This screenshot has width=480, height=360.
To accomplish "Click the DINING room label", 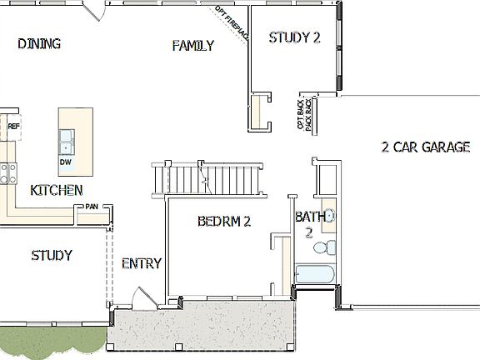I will tap(39, 44).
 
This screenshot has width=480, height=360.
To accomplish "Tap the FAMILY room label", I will tap(193, 45).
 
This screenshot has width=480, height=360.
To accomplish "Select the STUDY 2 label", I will tap(294, 37).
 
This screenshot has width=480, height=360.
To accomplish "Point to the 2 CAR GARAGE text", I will tap(425, 147).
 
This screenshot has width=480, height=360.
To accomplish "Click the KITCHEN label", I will tap(56, 191).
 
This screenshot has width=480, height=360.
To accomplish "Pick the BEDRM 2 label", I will tap(224, 222).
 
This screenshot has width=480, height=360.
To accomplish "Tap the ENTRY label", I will tap(141, 264).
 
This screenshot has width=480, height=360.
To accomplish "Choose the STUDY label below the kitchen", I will tap(51, 255).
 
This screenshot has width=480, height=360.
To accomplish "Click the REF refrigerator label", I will tap(13, 127).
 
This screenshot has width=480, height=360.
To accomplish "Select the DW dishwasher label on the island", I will tap(66, 162).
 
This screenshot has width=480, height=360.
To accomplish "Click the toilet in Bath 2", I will tap(331, 247).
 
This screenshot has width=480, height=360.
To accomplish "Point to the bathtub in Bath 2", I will tap(313, 275).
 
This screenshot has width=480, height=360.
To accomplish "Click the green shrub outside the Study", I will tap(50, 342).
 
